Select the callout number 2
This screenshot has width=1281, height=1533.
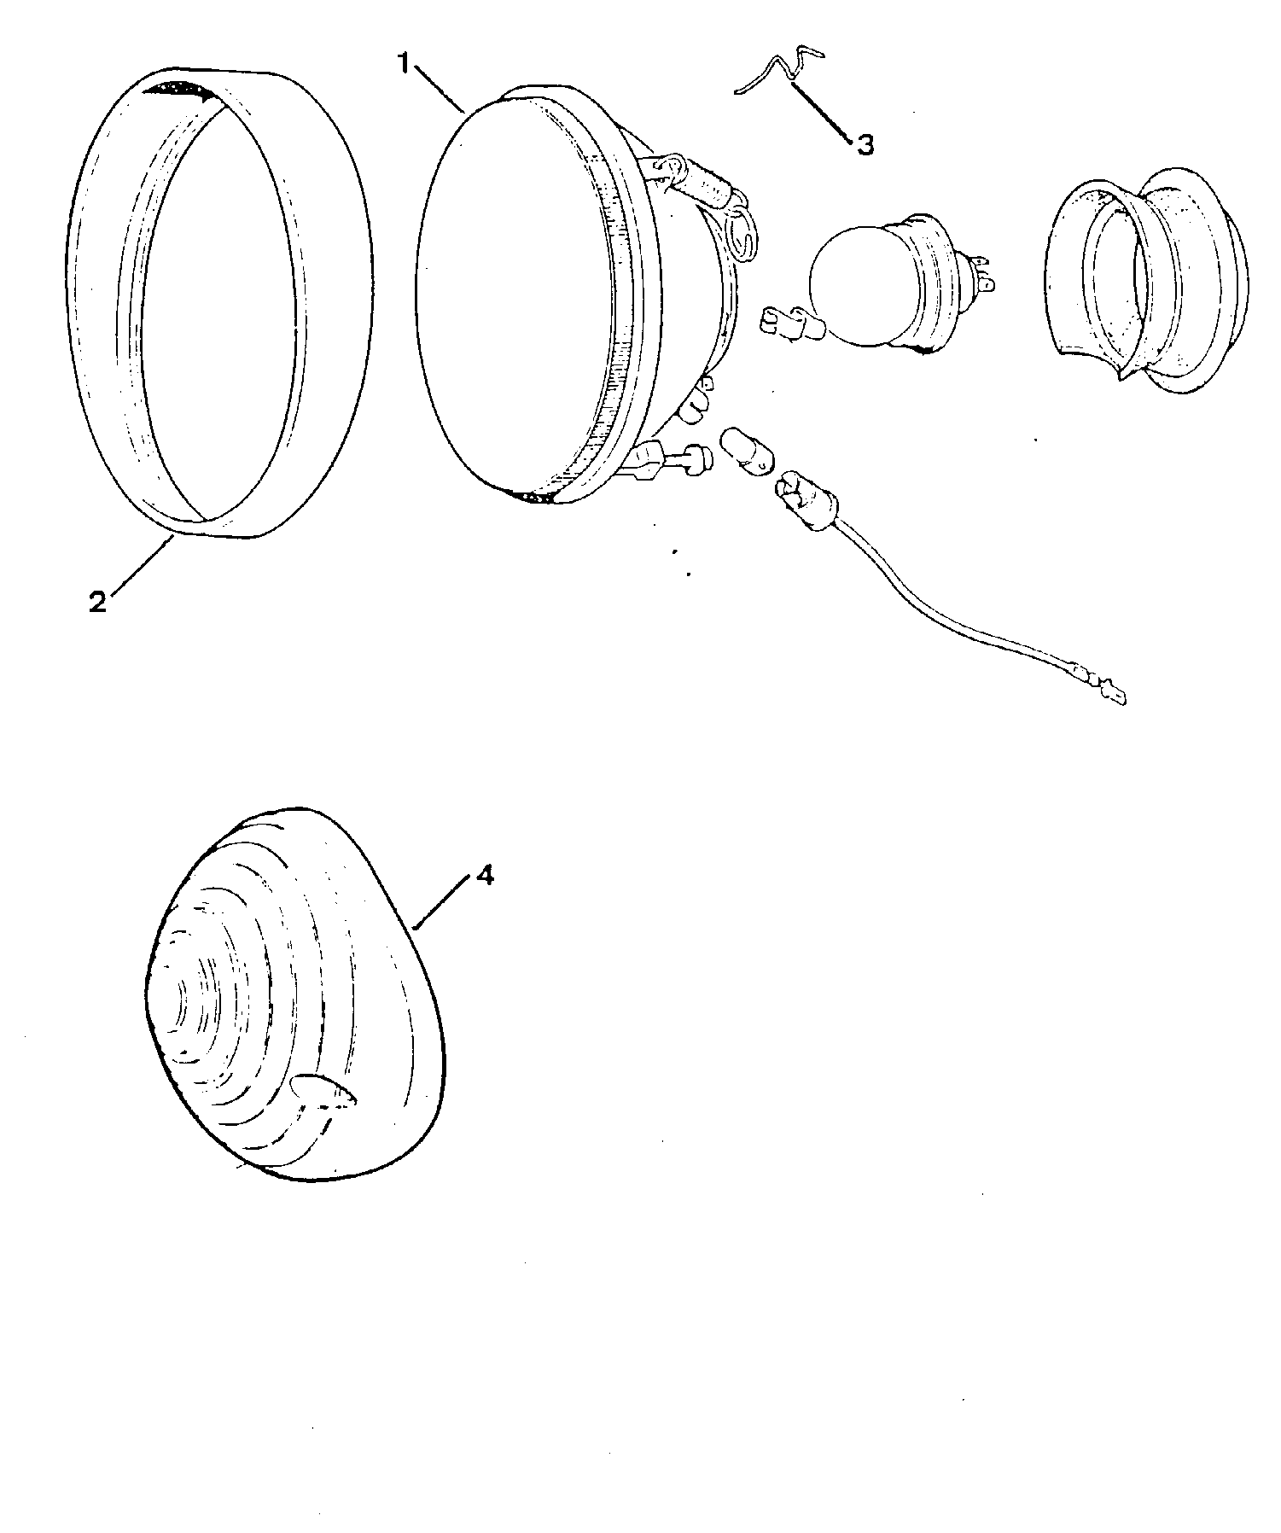pyautogui.click(x=98, y=601)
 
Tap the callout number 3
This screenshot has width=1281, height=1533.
pyautogui.click(x=865, y=145)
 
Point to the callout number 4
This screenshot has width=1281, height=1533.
pyautogui.click(x=484, y=876)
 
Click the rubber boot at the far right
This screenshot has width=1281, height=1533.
pyautogui.click(x=1144, y=282)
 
